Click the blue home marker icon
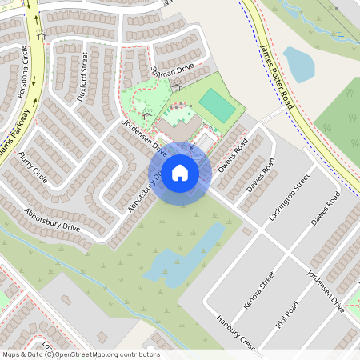tap(180, 172)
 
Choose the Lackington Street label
tap(289, 201)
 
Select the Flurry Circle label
tap(34, 166)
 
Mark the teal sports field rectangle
tap(214, 103)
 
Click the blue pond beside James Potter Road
tap(298, 64)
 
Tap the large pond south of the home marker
tap(184, 254)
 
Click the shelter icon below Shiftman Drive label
tap(175, 86)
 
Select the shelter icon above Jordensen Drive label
tap(146, 116)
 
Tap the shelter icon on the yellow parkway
tap(42, 36)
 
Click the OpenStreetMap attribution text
tap(81, 354)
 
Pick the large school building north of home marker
tap(182, 129)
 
